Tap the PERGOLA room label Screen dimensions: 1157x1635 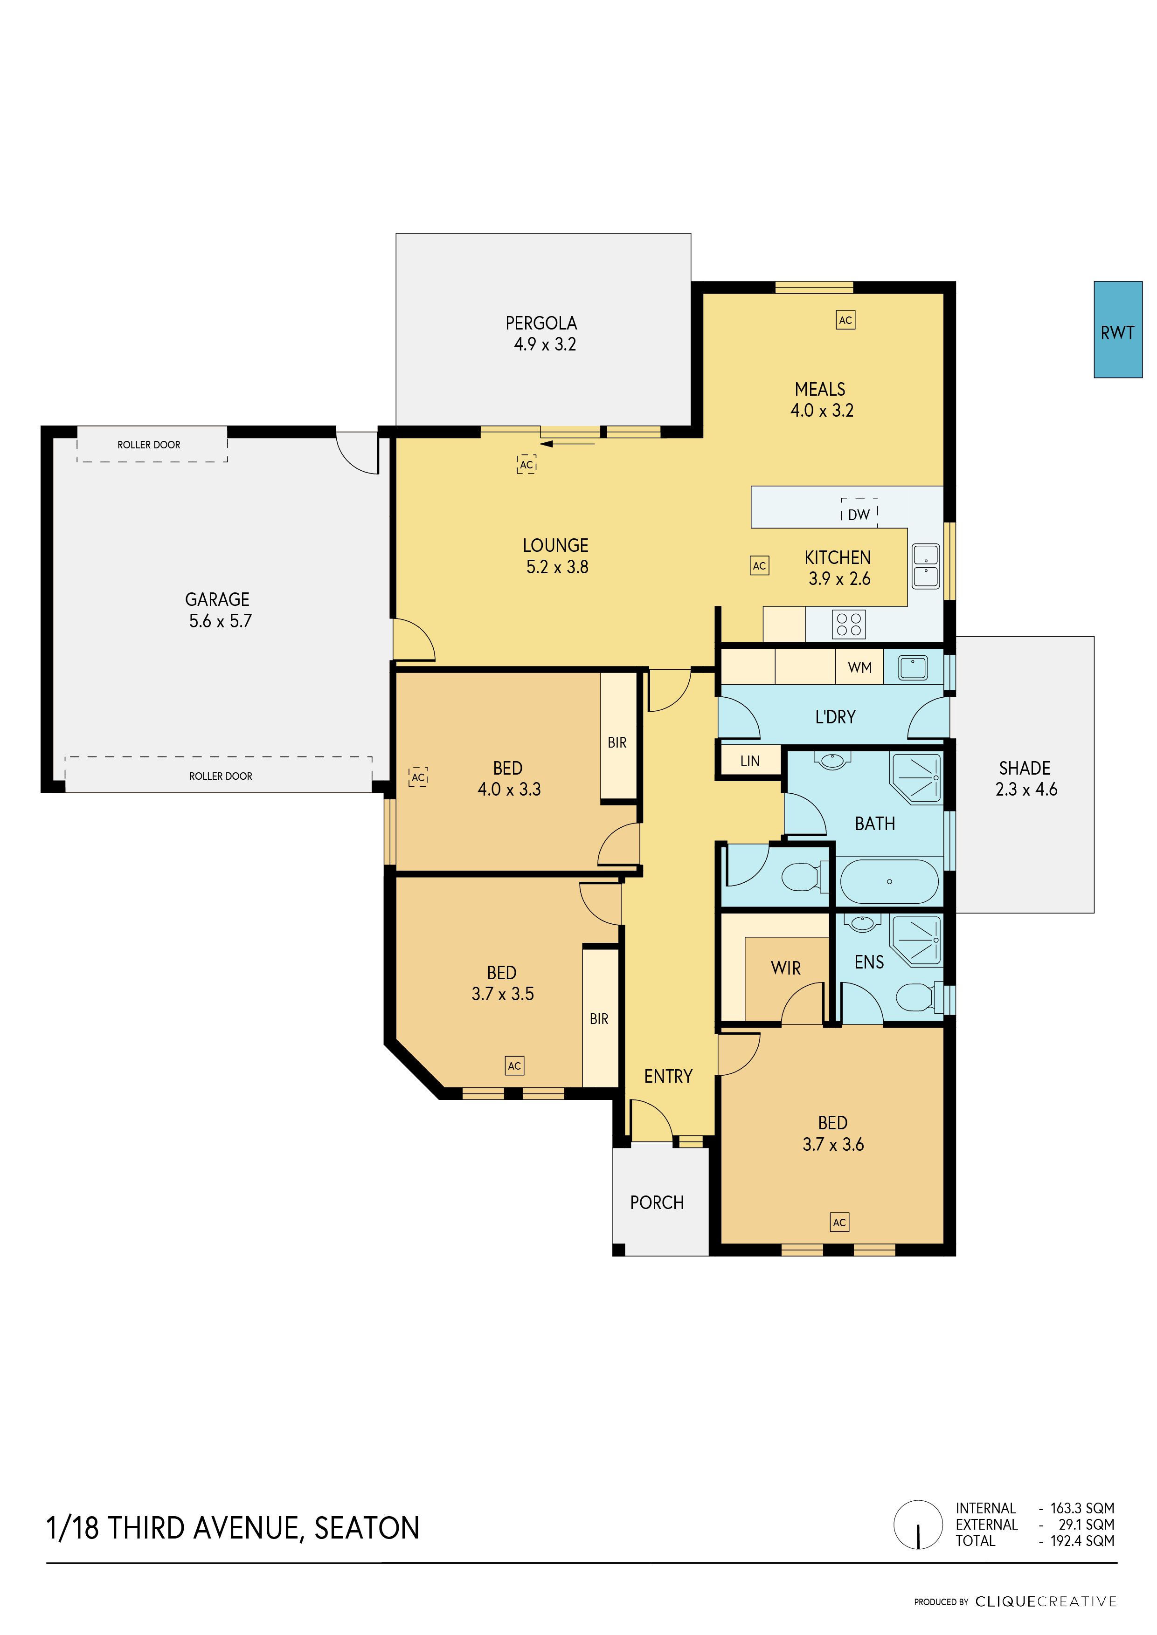541,323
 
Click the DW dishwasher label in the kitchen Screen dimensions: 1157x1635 859,514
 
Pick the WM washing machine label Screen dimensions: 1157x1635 860,668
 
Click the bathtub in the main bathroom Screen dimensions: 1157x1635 889,882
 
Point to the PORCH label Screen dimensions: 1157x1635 657,1203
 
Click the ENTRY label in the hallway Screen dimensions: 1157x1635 668,1076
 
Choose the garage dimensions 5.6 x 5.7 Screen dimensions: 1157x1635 220,621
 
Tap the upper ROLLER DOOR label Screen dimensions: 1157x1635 149,444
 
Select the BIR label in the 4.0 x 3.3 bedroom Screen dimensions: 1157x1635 617,743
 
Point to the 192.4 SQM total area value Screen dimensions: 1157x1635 1082,1541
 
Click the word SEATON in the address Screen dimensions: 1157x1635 367,1528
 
